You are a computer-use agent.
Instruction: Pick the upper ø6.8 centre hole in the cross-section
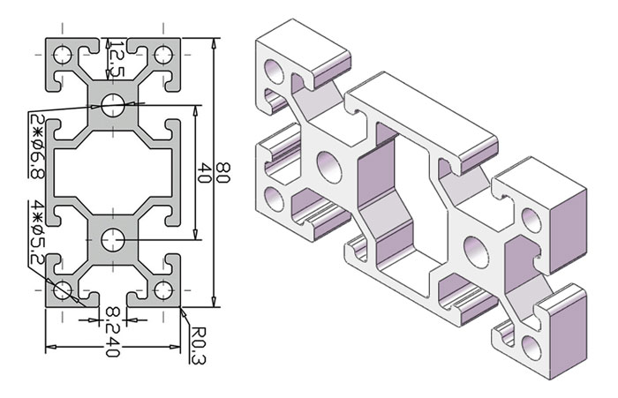113,105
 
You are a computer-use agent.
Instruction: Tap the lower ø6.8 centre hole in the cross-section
113,239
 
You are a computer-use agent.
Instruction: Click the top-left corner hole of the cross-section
64,56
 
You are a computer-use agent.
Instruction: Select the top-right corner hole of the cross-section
162,56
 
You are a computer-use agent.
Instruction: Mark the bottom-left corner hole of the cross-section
64,289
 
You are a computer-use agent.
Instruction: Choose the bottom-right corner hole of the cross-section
162,289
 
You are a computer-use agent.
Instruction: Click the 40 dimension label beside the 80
205,172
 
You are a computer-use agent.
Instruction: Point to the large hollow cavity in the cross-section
113,172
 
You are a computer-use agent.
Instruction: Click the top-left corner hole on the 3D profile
275,70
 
